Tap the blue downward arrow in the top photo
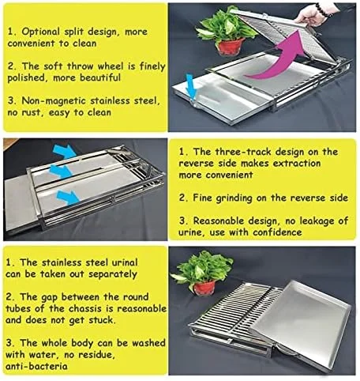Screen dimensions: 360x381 point(190,87)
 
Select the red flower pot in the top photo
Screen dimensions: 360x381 point(231,47)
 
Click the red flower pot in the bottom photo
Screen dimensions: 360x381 point(204,288)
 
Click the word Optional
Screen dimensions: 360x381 point(41,32)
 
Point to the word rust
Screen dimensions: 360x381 point(33,113)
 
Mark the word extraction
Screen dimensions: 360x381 point(297,164)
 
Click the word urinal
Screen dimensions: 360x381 point(125,262)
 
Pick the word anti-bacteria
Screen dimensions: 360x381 point(36,366)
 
